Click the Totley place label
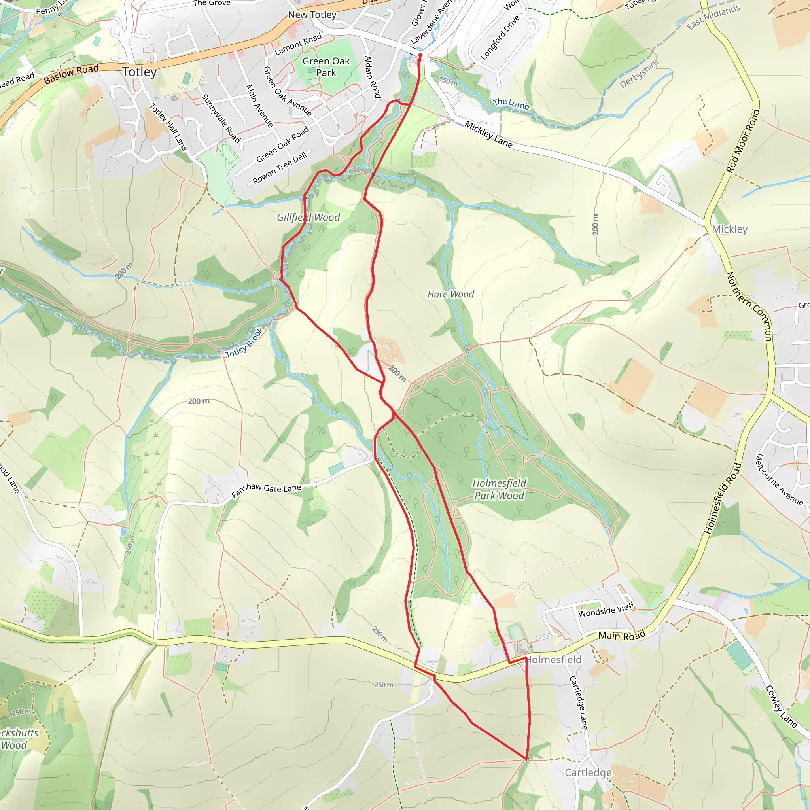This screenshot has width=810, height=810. tap(140, 72)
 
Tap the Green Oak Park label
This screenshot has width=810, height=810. tap(326, 67)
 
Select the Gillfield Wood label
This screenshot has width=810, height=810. tap(308, 217)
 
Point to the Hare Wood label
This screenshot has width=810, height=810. tap(451, 294)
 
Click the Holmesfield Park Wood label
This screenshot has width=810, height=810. tap(499, 489)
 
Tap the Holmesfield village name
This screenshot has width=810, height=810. tap(553, 659)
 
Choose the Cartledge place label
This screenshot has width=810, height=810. tap(588, 772)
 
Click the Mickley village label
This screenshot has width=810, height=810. tap(729, 229)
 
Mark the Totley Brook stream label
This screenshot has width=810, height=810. tap(244, 343)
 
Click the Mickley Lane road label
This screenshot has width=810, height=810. tap(488, 134)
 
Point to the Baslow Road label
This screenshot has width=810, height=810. tap(71, 74)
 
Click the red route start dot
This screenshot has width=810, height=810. tap(420, 55)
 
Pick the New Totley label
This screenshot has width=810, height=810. tap(312, 15)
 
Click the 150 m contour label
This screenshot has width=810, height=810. tap(449, 81)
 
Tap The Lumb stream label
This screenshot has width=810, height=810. tap(511, 103)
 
